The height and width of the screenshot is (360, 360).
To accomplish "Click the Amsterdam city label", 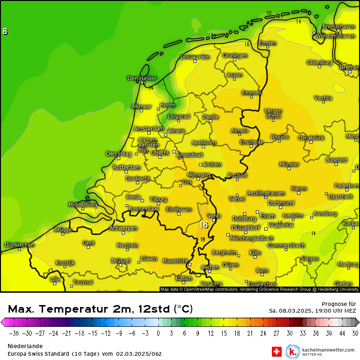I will pos(149,128).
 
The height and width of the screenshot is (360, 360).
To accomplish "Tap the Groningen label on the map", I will pos(235,55).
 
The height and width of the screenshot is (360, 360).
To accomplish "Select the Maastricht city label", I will pos(175,261).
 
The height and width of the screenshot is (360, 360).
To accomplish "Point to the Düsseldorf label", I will pos(246,228).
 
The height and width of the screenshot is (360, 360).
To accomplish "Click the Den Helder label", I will pos(142,78).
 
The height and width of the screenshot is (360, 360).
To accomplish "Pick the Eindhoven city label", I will pos(179,209).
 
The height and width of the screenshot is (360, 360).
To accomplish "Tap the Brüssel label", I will pos(120,261).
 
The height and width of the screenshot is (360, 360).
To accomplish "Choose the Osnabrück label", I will pos(311,137).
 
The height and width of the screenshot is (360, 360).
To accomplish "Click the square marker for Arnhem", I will pos(201,165).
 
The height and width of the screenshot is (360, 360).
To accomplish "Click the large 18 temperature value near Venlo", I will pos(204,225).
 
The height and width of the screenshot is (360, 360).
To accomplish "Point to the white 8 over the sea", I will pos(5,32).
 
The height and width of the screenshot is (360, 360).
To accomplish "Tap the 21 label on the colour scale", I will pos(250,333).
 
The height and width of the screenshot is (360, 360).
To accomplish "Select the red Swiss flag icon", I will pos(277,351).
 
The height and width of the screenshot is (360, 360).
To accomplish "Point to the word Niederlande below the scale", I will pos(25,346).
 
